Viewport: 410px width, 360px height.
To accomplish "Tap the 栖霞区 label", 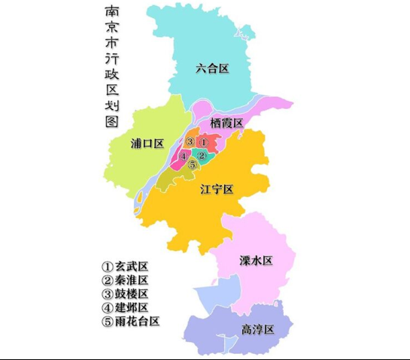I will tap(226, 123).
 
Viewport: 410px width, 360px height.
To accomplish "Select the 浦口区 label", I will tap(147, 144).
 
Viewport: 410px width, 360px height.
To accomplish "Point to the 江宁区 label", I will tap(217, 189).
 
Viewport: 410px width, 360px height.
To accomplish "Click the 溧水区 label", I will tap(256, 261).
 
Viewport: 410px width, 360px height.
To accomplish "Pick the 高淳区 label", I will tap(257, 330).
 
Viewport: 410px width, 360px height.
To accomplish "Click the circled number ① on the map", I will tap(202, 142).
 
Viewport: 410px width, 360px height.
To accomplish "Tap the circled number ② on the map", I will tap(202, 155).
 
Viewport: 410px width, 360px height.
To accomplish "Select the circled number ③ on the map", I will tap(190, 142).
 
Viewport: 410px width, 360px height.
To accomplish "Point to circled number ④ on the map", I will tap(183, 156).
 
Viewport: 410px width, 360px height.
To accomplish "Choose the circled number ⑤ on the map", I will tap(193, 165).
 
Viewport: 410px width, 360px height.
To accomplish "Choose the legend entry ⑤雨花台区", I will tap(132, 321).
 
